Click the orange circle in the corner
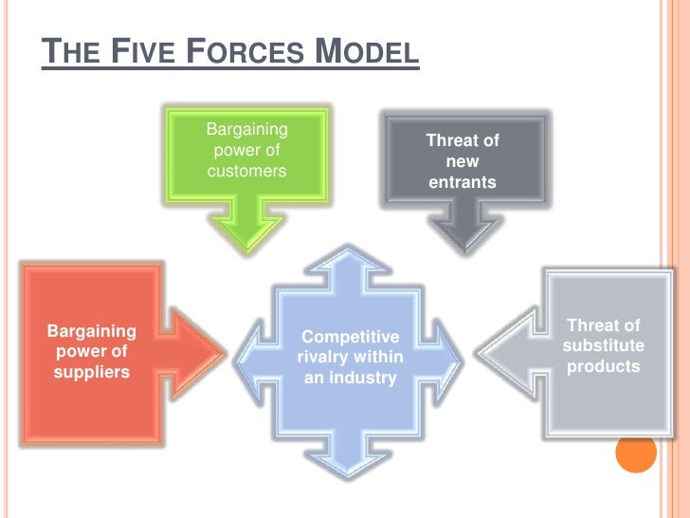[636, 453]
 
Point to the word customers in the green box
[246, 172]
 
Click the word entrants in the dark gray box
[463, 182]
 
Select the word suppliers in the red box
[91, 372]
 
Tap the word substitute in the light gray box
[603, 345]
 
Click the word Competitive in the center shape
[350, 337]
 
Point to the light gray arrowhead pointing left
[502, 352]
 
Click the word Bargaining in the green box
[246, 129]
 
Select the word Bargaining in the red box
[91, 332]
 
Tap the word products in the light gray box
[603, 366]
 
